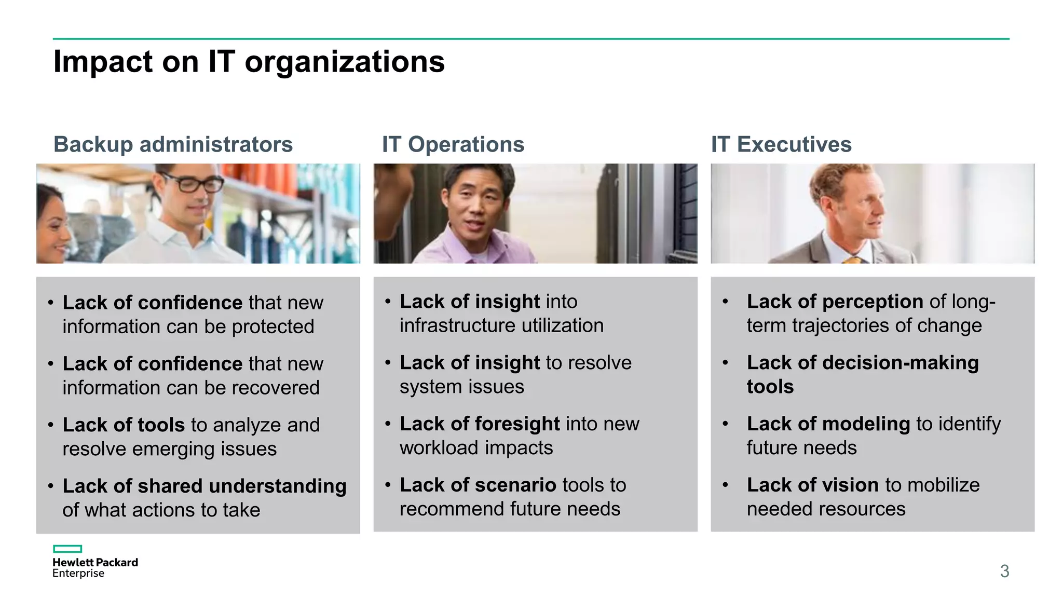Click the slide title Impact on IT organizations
[x=249, y=62]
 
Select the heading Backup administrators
[x=173, y=144]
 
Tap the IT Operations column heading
[x=453, y=144]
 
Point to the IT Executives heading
[x=781, y=144]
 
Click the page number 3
[x=1004, y=571]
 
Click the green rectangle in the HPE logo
[x=67, y=549]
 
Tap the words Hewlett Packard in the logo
[x=95, y=562]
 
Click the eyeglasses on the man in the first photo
[x=192, y=183]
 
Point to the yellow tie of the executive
[x=853, y=260]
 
